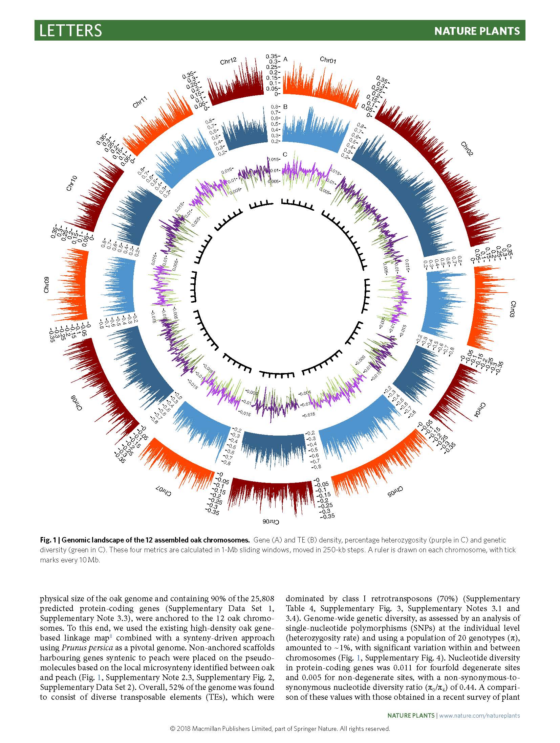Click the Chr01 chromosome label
(x=328, y=60)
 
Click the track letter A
(x=285, y=59)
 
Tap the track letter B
(x=285, y=107)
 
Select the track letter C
(x=285, y=155)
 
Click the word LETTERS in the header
(x=70, y=30)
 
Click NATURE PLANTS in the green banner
(x=477, y=31)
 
